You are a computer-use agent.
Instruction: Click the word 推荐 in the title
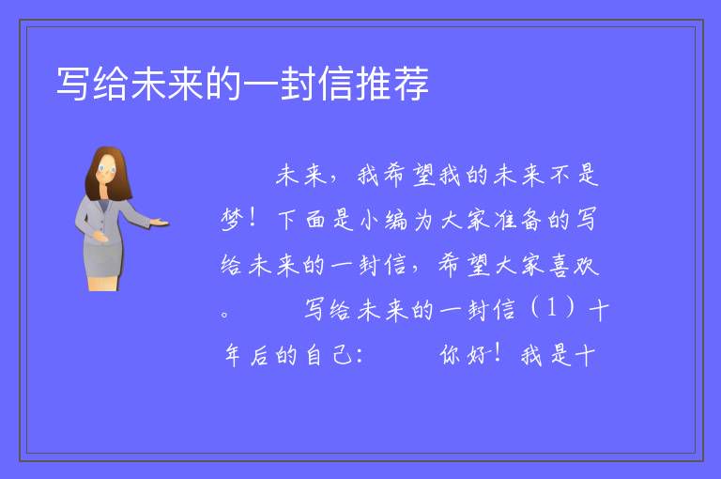393,84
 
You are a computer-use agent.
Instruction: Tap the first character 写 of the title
73,84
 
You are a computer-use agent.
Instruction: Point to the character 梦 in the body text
231,220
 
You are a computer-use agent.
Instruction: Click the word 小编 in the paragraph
384,220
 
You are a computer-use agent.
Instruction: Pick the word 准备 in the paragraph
518,220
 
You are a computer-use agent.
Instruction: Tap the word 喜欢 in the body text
574,265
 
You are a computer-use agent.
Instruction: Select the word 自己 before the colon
328,355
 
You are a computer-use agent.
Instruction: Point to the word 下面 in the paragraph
301,220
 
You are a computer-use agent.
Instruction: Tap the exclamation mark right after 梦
252,218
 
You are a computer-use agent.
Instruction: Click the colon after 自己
360,356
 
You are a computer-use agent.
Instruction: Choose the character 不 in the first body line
560,175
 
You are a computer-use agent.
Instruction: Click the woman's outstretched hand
159,223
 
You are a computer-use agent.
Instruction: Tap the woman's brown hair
109,174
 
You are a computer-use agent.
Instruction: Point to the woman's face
106,170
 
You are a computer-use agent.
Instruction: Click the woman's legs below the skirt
104,284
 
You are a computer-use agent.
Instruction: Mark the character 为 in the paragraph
423,220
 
